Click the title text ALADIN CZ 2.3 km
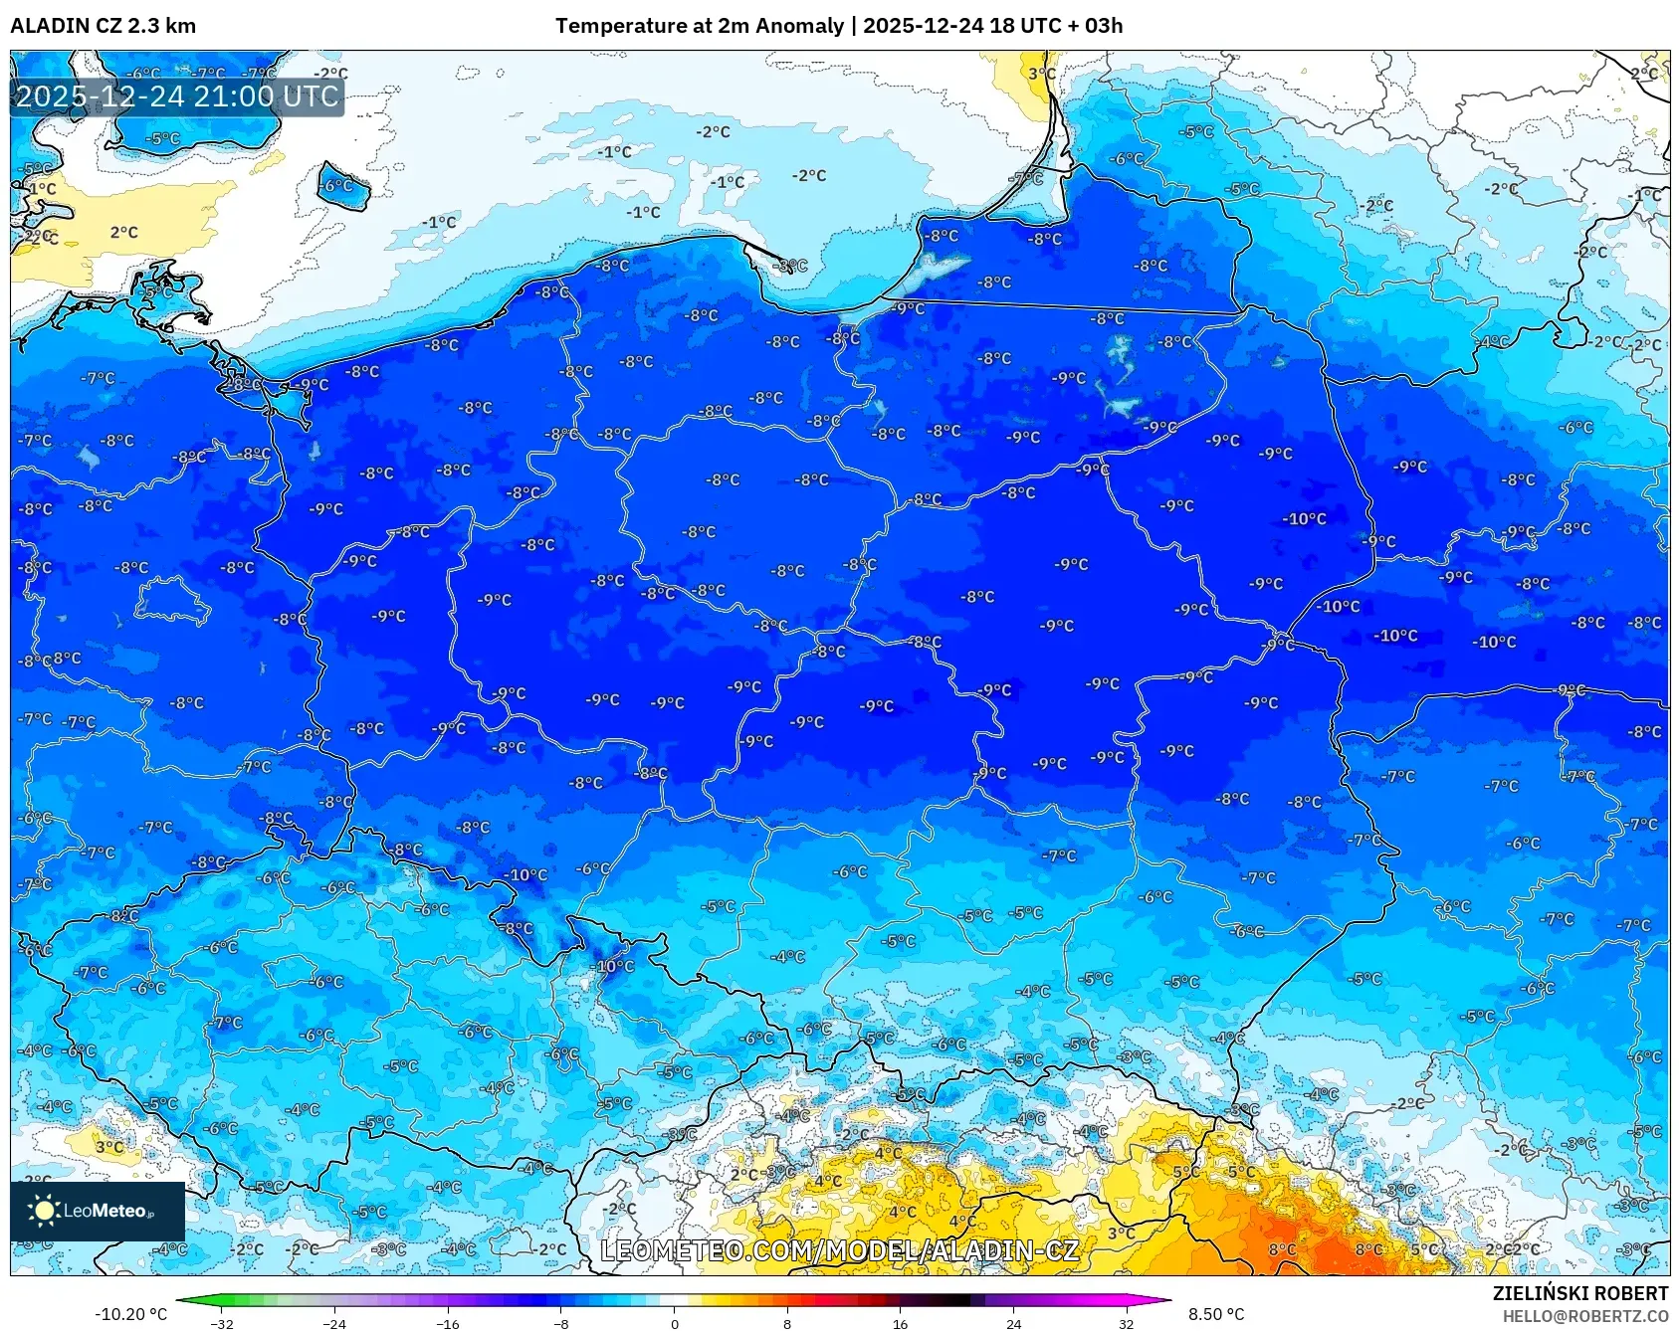pos(103,26)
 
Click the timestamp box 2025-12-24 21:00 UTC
pos(177,96)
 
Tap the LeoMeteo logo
pos(98,1211)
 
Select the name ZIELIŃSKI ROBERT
pos(1579,1293)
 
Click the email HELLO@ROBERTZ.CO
pos(1584,1316)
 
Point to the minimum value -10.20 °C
pos(130,1314)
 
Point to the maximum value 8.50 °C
pos(1216,1314)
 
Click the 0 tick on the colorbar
pos(674,1323)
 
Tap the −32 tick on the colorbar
pos(222,1323)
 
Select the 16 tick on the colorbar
pos(900,1323)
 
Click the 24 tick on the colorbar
pos(1013,1323)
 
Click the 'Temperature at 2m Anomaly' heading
pos(700,26)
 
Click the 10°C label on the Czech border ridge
pos(615,966)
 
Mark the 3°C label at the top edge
pos(1041,74)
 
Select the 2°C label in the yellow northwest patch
pos(123,232)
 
